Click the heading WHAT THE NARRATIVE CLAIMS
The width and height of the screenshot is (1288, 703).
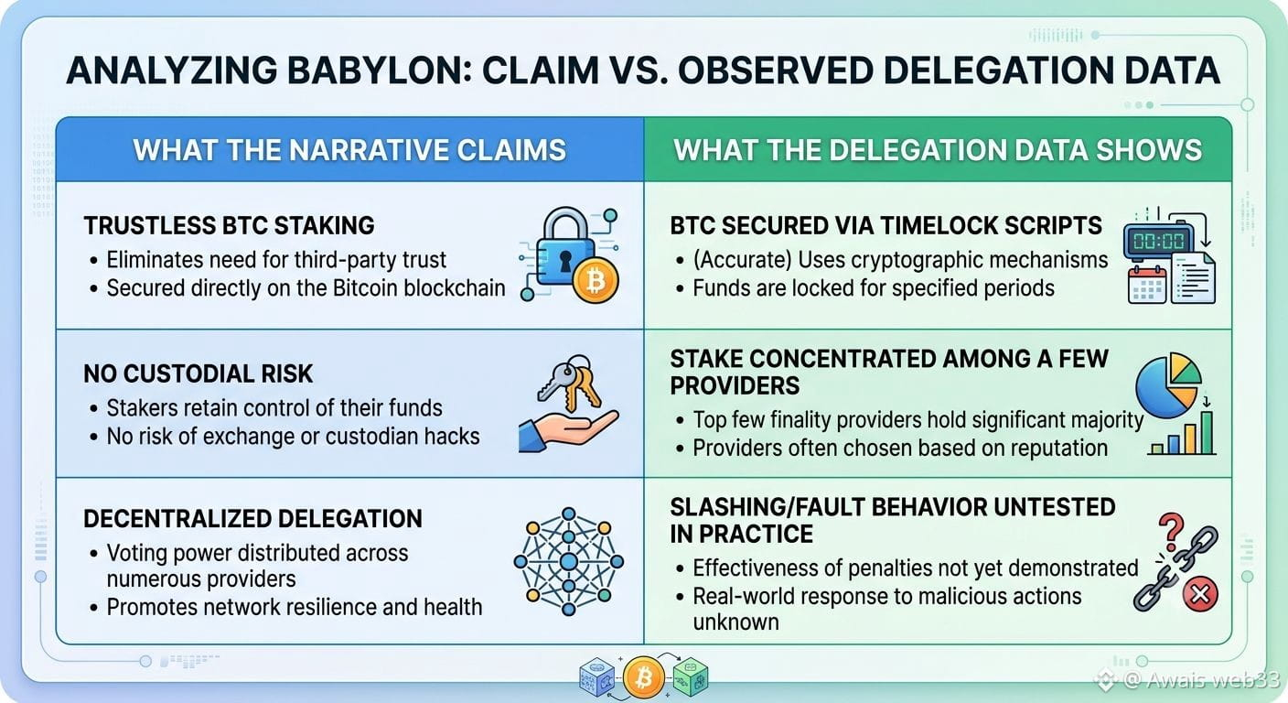(349, 150)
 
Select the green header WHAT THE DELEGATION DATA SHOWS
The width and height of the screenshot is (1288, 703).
(938, 150)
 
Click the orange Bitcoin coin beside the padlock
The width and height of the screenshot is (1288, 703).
(596, 281)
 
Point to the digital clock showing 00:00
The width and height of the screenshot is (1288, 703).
(1158, 241)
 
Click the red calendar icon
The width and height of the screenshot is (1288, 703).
(1147, 285)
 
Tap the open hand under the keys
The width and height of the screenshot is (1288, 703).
(567, 431)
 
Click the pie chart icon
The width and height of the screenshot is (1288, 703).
(1168, 384)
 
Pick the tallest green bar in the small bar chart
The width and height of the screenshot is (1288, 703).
(1206, 433)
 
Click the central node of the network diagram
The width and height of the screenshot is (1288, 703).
(569, 561)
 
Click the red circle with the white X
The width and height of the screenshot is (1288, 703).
(1200, 594)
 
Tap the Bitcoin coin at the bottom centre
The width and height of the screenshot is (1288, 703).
(643, 677)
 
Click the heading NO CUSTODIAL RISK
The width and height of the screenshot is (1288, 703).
(198, 374)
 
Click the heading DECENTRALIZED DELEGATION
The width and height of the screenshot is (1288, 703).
(252, 519)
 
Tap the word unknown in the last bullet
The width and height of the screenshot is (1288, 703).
(736, 622)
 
